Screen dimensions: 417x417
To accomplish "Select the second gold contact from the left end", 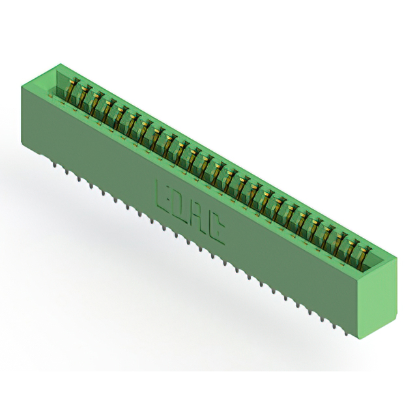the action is (85, 96).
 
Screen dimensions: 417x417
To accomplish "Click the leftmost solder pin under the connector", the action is (55, 165).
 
